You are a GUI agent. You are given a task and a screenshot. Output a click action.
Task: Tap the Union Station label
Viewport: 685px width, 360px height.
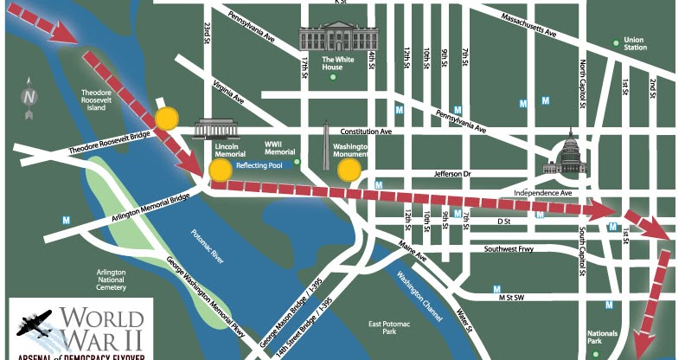pyautogui.click(x=634, y=42)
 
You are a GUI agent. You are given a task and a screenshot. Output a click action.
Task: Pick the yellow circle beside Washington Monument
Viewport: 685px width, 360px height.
pyautogui.click(x=349, y=170)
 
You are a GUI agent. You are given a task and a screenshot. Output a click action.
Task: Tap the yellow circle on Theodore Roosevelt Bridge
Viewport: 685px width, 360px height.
pyautogui.click(x=166, y=119)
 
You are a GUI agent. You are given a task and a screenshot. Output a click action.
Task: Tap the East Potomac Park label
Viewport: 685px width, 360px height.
pyautogui.click(x=381, y=326)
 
